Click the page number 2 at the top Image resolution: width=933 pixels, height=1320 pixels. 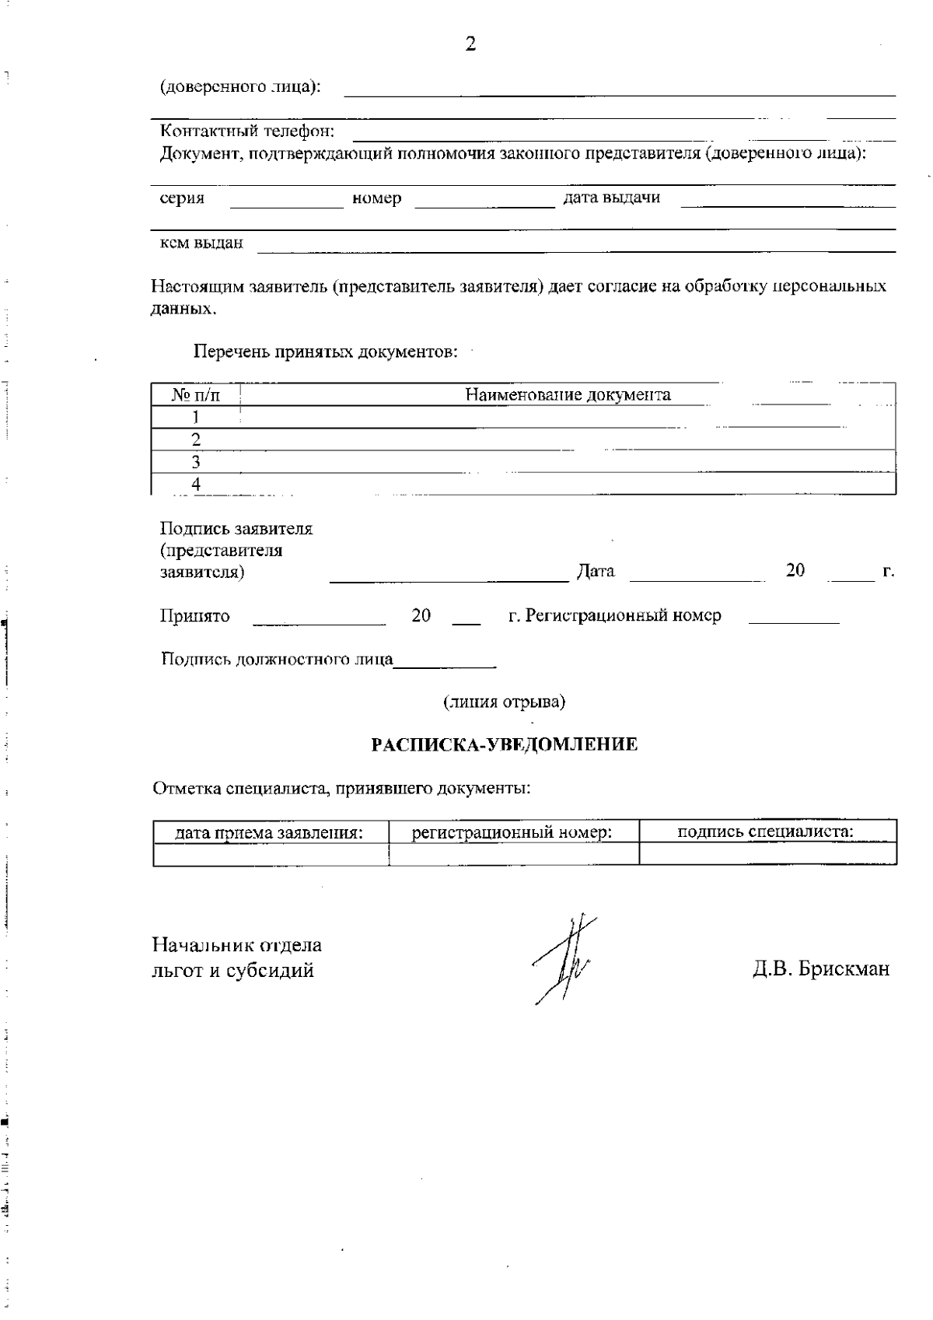tap(470, 44)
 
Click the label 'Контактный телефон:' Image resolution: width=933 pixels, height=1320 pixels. tap(247, 131)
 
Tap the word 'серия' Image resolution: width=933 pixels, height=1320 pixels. tap(182, 198)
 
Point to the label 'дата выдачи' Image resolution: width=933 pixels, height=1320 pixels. tap(611, 198)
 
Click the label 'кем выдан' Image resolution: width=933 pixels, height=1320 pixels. tap(201, 243)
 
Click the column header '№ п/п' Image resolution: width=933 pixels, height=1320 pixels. tap(196, 395)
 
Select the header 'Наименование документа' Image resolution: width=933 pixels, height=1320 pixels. tap(568, 394)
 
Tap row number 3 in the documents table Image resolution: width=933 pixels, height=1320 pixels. tap(196, 462)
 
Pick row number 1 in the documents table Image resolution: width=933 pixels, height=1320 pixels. tap(196, 417)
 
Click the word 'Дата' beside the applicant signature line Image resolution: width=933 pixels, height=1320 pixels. tap(596, 572)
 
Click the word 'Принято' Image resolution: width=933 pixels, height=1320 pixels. tap(195, 616)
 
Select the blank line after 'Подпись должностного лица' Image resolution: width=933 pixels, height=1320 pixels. tap(445, 664)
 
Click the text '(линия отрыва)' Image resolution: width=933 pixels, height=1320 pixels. tap(504, 702)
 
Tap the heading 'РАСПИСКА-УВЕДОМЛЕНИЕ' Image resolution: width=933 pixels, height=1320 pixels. tap(505, 744)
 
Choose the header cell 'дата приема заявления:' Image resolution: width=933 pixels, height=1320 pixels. tap(270, 832)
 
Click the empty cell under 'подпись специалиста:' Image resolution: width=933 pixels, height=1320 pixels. tap(767, 854)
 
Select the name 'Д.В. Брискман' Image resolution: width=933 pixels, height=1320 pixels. tap(820, 969)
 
